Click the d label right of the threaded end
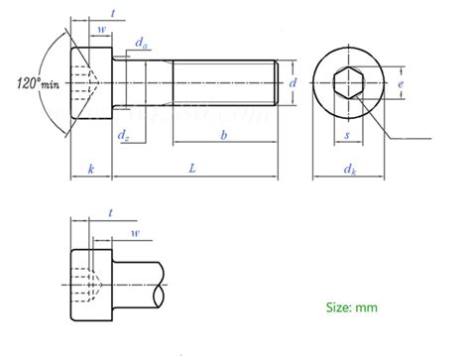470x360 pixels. pyautogui.click(x=293, y=84)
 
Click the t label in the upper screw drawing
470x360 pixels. pyautogui.click(x=115, y=11)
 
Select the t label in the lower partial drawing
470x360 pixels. pyautogui.click(x=111, y=213)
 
